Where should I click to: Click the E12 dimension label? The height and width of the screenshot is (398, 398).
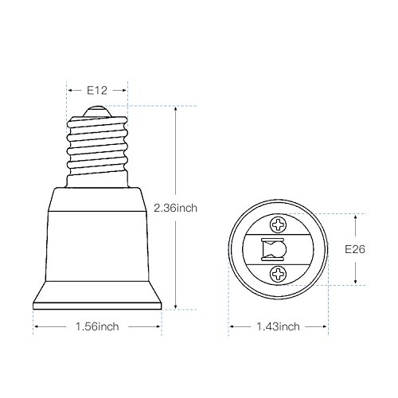[97, 91]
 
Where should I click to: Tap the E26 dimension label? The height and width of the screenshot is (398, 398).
[355, 249]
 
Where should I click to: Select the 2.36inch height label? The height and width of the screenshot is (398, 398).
[176, 208]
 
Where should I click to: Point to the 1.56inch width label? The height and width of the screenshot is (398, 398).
[97, 326]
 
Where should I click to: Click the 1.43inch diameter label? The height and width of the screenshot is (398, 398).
[278, 326]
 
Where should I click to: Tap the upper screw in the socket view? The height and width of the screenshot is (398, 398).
[278, 225]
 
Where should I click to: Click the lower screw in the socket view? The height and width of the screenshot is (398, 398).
[278, 274]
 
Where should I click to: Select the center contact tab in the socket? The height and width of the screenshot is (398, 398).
[274, 249]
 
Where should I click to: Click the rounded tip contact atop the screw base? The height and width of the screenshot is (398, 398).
[97, 111]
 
